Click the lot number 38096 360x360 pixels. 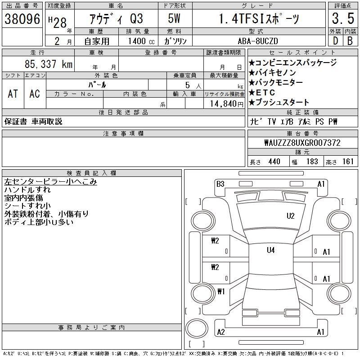point(22,19)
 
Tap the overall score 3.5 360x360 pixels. point(343,18)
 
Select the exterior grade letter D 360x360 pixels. point(335,41)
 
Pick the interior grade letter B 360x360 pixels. point(350,41)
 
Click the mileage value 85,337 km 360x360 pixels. point(49,64)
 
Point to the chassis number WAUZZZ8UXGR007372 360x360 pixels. point(302,143)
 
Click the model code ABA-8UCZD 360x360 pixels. point(258,41)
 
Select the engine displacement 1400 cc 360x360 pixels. point(141,41)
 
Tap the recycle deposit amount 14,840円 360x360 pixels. point(227,104)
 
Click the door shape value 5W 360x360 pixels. point(174,18)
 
